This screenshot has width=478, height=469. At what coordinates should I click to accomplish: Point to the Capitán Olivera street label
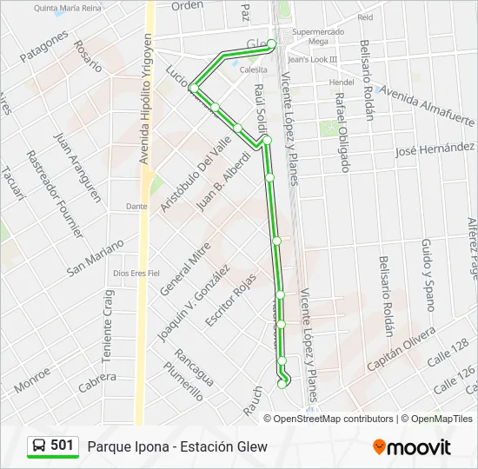[x=401, y=349]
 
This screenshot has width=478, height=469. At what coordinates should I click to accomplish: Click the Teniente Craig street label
[x=110, y=320]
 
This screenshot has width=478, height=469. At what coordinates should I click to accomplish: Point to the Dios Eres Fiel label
[x=136, y=273]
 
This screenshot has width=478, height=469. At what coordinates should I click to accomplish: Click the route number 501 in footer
[x=62, y=446]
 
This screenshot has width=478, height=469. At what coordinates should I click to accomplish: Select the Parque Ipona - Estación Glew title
[x=177, y=446]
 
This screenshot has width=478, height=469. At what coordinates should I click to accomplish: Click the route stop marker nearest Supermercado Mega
[x=272, y=43]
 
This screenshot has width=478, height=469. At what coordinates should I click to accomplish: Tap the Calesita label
[x=254, y=69]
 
